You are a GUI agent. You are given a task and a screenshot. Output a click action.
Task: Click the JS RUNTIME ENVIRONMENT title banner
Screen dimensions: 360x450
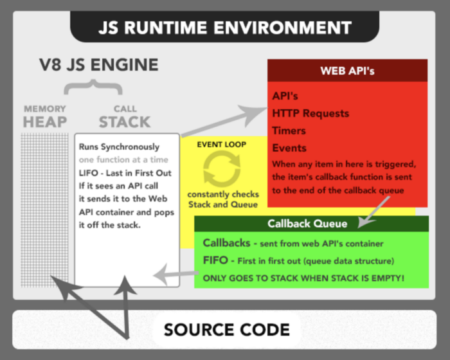[225, 28]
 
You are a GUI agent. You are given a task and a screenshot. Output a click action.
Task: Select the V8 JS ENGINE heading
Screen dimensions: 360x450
[97, 65]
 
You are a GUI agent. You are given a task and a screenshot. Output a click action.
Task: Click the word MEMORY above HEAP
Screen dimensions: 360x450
[45, 109]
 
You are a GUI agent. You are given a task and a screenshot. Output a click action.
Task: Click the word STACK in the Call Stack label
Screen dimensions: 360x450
[125, 122]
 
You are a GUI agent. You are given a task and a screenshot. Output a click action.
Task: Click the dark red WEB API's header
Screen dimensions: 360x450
[347, 71]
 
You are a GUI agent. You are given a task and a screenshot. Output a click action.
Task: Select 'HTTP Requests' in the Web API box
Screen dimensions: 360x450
[310, 114]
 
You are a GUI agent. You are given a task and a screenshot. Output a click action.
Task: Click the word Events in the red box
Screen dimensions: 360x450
[289, 148]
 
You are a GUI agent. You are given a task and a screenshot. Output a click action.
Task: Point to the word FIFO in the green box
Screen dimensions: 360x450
[217, 261]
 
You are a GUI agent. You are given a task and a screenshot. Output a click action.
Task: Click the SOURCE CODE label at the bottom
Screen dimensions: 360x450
[226, 330]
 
